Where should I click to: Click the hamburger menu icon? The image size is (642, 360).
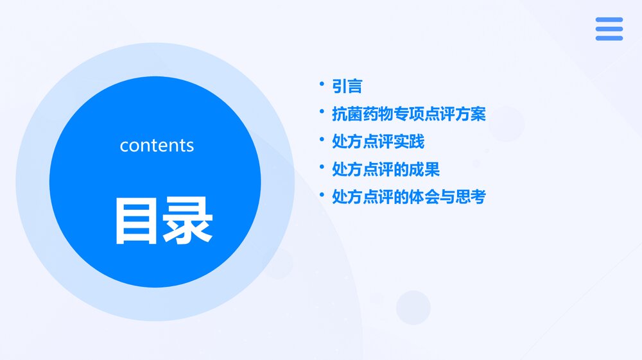point(609,29)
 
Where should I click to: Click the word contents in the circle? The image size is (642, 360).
point(157,145)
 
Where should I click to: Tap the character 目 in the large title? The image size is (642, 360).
point(136,221)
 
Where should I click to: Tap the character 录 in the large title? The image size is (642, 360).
point(187,221)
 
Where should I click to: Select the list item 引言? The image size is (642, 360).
point(347,86)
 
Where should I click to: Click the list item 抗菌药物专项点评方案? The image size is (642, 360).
point(408,114)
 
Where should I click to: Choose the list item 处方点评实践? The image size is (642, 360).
point(377,141)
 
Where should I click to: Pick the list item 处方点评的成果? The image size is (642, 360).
point(385,169)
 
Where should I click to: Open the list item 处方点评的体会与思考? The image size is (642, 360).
point(408,197)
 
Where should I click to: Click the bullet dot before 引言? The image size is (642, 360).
point(322,83)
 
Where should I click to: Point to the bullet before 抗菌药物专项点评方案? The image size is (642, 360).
point(322,112)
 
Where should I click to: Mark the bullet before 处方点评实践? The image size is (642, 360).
point(322,139)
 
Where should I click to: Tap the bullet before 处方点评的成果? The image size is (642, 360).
point(322,167)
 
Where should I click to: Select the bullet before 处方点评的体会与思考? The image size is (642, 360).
point(322,194)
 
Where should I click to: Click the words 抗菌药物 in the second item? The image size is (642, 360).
point(362,114)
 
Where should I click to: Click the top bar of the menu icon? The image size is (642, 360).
point(609,20)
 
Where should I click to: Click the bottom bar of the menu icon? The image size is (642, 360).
point(609,38)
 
